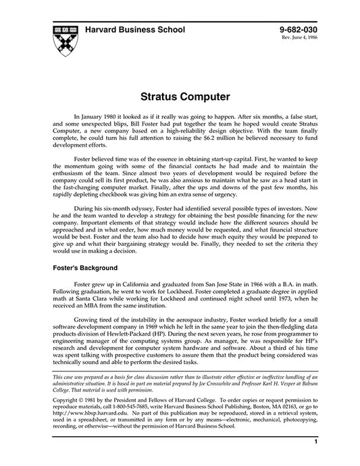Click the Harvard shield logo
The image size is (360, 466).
[x=61, y=38]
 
